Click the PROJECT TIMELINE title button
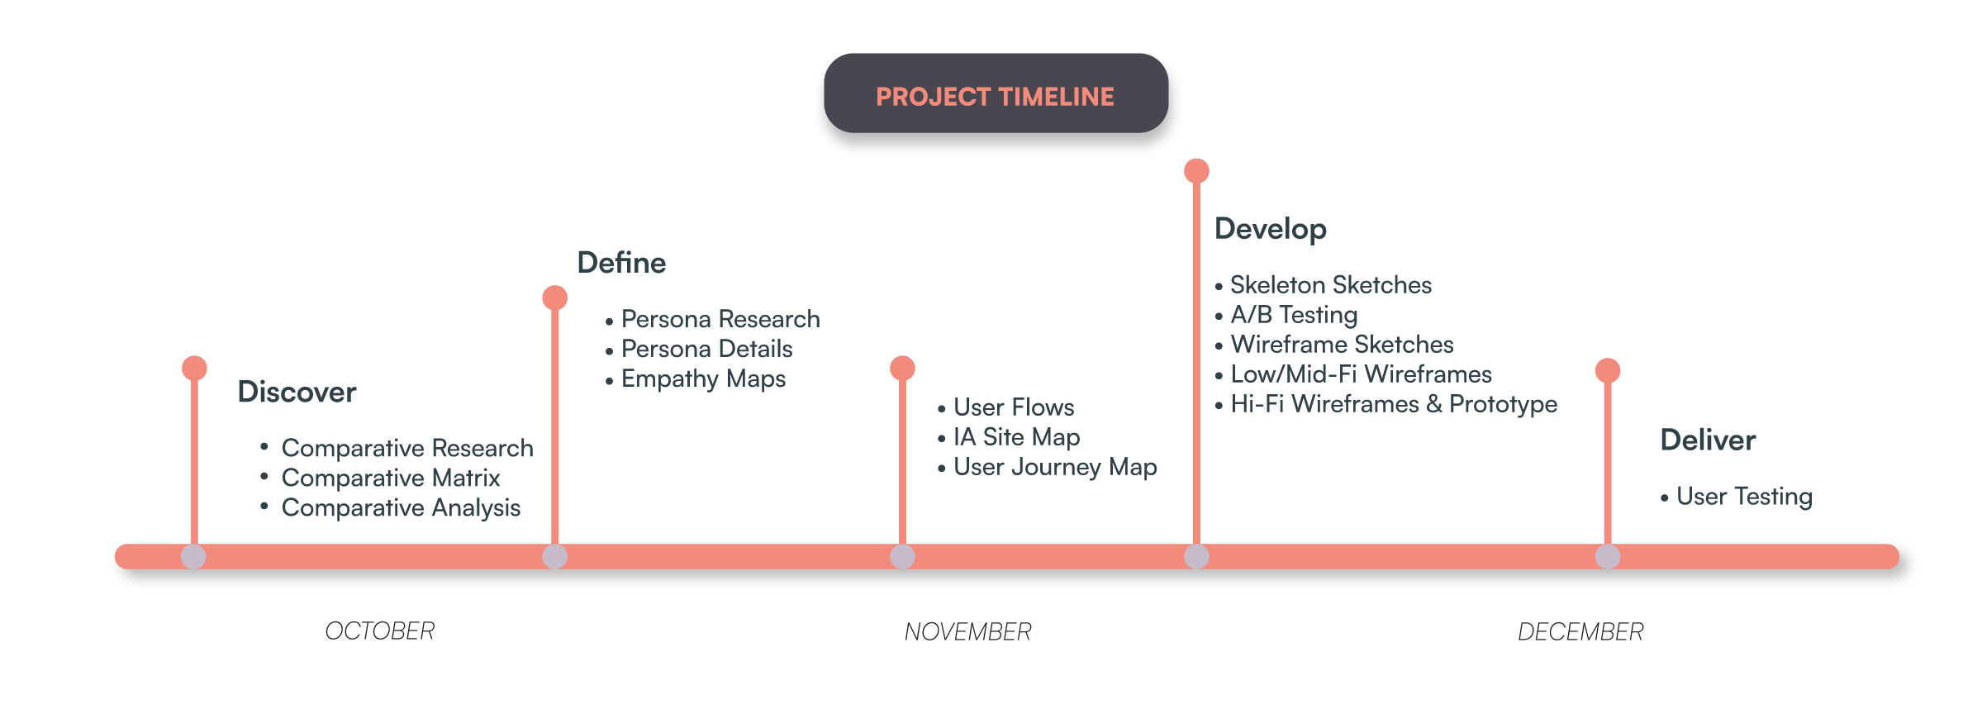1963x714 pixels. point(995,96)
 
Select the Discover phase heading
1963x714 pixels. point(297,392)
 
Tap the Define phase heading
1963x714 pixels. point(621,263)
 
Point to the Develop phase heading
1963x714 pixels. point(1271,229)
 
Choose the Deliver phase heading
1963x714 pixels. point(1708,440)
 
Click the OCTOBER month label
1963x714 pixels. point(380,631)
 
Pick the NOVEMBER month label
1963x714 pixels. point(968,632)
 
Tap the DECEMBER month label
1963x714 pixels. point(1580,632)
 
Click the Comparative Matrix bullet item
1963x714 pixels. point(391,478)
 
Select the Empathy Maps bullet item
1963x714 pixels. point(703,379)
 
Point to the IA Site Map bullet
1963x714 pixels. point(1016,437)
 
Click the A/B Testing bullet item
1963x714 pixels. point(1294,315)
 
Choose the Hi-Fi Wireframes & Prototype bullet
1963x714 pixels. point(1394,404)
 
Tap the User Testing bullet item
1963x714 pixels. point(1744,497)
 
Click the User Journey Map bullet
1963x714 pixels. point(1055,467)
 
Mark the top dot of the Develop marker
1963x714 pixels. point(1196,171)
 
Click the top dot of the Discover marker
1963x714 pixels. point(194,368)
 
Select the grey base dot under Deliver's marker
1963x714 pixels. point(1607,556)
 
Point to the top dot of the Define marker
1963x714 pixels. point(554,297)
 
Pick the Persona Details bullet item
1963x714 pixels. point(706,349)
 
